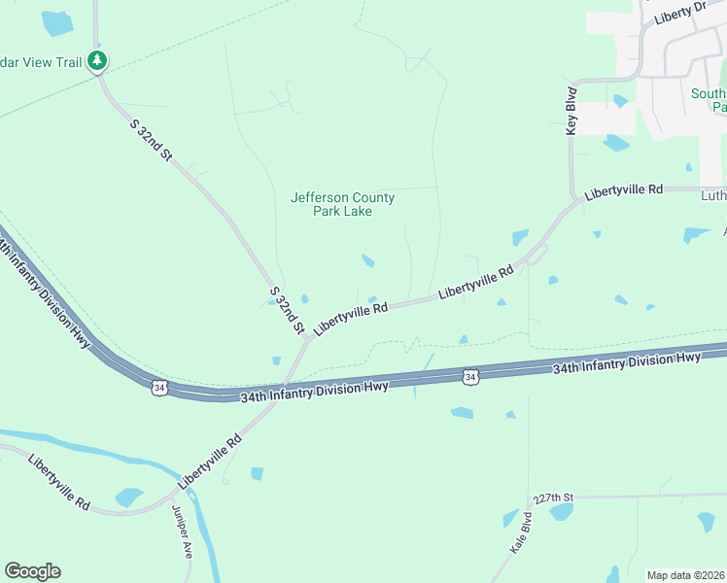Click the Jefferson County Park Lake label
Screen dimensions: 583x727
[342, 204]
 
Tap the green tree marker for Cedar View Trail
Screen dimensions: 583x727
[96, 61]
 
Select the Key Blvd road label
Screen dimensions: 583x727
[571, 112]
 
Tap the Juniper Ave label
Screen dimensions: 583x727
[182, 532]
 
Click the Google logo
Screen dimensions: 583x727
[32, 571]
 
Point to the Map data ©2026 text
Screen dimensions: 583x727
[684, 575]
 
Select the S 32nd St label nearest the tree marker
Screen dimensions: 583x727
[151, 140]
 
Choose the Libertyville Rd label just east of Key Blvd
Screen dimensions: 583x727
[623, 190]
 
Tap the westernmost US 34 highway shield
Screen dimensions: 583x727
[158, 387]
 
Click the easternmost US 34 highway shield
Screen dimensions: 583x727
[470, 376]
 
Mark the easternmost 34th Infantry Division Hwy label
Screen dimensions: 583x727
[627, 364]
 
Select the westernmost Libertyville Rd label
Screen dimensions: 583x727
[58, 484]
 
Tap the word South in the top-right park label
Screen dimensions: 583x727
[708, 94]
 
